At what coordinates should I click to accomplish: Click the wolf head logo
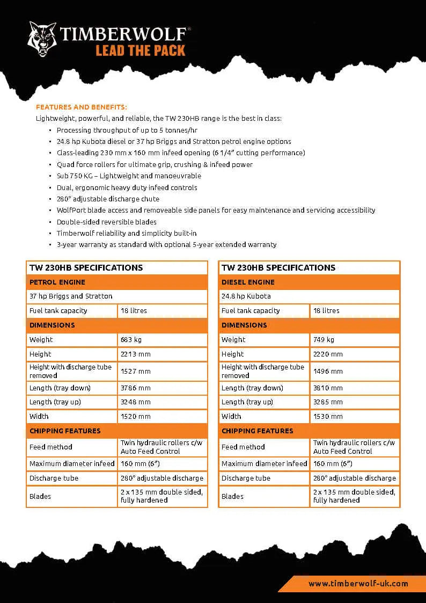(42, 39)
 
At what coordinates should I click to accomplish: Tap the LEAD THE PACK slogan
(141, 51)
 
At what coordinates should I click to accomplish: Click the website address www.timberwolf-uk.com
(358, 583)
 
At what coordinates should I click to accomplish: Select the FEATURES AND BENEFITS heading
(82, 107)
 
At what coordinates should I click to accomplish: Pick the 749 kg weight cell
(324, 339)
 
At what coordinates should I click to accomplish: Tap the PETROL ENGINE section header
(57, 282)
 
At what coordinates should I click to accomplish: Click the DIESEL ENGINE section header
(248, 282)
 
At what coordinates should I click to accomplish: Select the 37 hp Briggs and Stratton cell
(71, 296)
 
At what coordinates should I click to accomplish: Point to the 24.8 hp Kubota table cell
(246, 296)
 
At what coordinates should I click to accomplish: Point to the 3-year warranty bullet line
(166, 244)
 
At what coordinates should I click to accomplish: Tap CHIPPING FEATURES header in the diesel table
(257, 431)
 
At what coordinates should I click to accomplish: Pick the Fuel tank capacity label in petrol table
(58, 310)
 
